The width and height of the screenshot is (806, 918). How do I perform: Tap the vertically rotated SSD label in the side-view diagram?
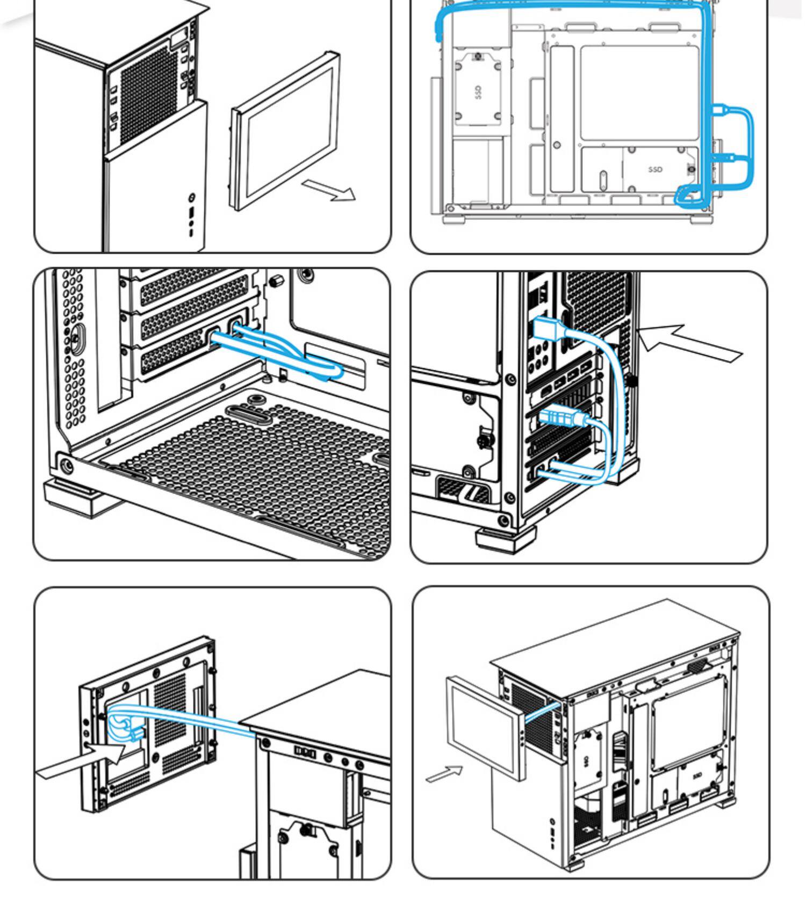click(478, 92)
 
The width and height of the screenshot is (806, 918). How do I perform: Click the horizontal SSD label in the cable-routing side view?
click(655, 169)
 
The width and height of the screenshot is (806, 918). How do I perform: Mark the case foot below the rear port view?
click(506, 539)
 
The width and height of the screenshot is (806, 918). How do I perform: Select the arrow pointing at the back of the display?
click(81, 758)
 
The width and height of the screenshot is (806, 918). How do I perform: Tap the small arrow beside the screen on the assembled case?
click(444, 774)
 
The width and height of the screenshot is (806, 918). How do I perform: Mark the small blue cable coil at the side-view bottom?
click(687, 196)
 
